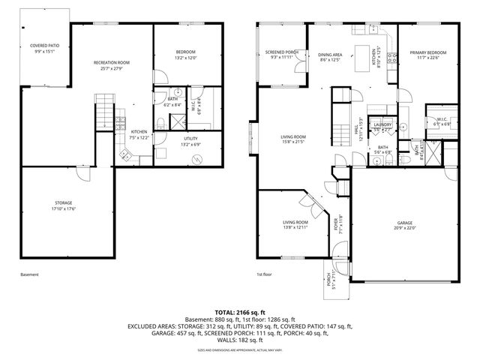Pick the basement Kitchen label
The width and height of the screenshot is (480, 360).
139,133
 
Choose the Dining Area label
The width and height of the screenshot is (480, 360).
330,57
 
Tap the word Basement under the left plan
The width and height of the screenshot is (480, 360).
29,274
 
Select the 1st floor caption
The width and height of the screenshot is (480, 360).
264,274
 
